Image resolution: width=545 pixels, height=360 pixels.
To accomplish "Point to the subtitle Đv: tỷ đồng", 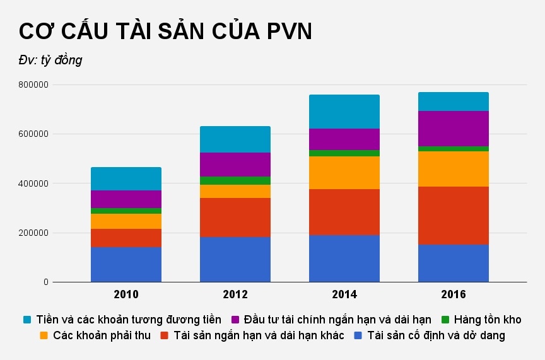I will pyautogui.click(x=50, y=61).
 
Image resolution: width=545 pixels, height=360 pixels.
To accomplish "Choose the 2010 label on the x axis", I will pyautogui.click(x=126, y=294).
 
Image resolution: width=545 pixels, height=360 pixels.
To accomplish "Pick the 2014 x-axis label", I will pyautogui.click(x=344, y=294).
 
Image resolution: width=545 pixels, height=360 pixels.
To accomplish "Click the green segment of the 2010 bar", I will pyautogui.click(x=126, y=211).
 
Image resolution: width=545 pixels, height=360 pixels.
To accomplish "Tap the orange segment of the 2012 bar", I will pyautogui.click(x=235, y=191).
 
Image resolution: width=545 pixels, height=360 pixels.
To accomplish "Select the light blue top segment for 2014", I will pyautogui.click(x=344, y=112).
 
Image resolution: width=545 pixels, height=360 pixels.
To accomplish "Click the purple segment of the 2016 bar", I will pyautogui.click(x=454, y=129).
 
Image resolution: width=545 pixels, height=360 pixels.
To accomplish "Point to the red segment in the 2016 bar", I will pyautogui.click(x=454, y=215).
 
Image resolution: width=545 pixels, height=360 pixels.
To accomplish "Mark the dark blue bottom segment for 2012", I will pyautogui.click(x=235, y=259).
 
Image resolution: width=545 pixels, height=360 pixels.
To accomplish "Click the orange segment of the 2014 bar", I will pyautogui.click(x=344, y=173).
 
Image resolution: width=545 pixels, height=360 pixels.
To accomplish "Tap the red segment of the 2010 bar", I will pyautogui.click(x=126, y=238).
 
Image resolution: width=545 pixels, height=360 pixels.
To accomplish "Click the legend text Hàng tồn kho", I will pyautogui.click(x=488, y=320).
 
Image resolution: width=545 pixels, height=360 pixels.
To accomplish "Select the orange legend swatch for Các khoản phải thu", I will pyautogui.click(x=44, y=335).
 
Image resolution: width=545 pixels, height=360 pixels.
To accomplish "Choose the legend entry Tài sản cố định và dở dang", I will pyautogui.click(x=436, y=335).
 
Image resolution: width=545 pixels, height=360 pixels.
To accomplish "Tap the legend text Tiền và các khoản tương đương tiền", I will pyautogui.click(x=129, y=320).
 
